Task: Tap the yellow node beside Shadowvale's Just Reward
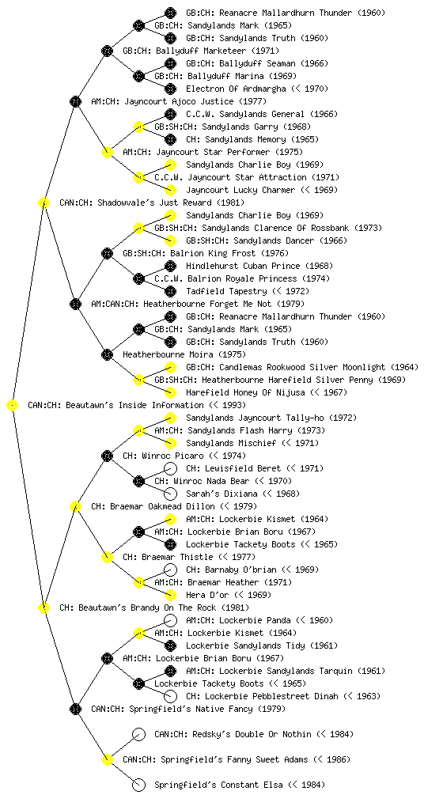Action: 44,202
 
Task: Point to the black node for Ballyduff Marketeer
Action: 107,51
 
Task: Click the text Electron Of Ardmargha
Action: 236,89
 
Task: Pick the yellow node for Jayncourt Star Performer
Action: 107,152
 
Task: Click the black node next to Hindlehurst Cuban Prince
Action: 170,266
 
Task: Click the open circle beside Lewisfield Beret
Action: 170,468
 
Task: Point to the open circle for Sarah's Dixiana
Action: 170,494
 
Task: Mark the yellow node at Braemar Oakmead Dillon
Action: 75,506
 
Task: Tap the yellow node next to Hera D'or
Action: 170,595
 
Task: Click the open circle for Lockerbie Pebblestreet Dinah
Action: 170,696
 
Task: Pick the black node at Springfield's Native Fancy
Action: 75,709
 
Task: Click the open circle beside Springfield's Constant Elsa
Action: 138,785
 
